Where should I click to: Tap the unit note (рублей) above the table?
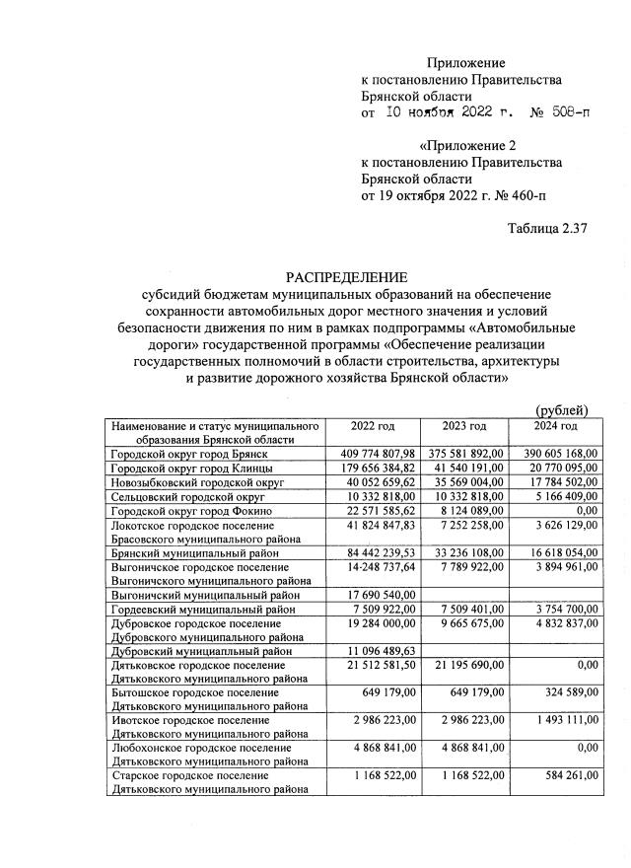point(561,409)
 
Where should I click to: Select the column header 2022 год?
point(373,425)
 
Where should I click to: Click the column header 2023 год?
point(463,425)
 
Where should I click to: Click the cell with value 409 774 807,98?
point(373,452)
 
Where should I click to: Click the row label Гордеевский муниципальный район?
point(201,612)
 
